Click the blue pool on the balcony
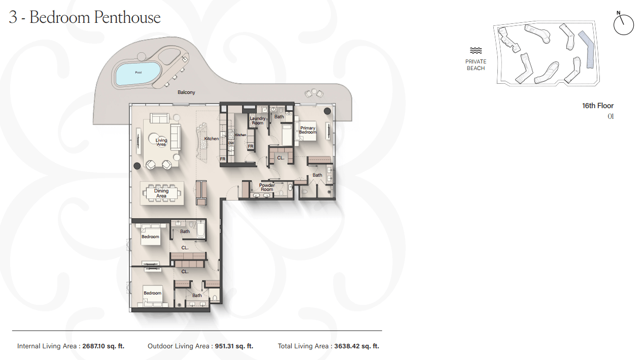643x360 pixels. [x=138, y=74]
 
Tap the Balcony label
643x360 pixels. [x=186, y=92]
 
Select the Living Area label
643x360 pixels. [x=161, y=142]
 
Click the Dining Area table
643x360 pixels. [x=162, y=193]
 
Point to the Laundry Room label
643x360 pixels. [x=257, y=120]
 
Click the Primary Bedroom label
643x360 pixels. [x=308, y=130]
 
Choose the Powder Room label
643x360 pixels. [x=267, y=187]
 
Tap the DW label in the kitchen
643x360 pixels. [x=231, y=143]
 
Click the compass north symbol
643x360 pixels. [x=623, y=24]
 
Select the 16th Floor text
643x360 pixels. [x=598, y=106]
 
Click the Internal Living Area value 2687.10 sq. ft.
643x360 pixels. [x=104, y=346]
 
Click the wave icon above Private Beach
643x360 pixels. [x=476, y=51]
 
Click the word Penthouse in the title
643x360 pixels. [x=127, y=17]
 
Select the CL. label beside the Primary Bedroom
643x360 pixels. [x=281, y=158]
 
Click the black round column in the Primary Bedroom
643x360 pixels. [x=327, y=111]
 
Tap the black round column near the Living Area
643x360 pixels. [x=137, y=166]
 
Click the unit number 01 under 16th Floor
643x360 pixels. [x=611, y=116]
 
